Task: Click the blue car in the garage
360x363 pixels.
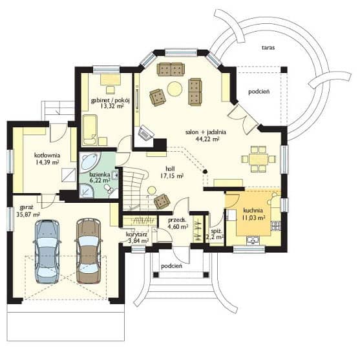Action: (x=47, y=251)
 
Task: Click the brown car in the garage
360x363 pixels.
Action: (x=89, y=251)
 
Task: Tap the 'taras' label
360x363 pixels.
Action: (x=268, y=48)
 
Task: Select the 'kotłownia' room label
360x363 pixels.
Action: (x=47, y=155)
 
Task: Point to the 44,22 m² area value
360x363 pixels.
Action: (x=207, y=139)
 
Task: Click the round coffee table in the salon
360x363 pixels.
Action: (x=175, y=89)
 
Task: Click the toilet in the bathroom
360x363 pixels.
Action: (x=109, y=189)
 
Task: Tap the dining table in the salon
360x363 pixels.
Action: (x=259, y=159)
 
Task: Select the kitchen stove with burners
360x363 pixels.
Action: (x=275, y=225)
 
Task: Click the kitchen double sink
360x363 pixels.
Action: (x=253, y=240)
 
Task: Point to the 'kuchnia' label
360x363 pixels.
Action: (x=253, y=211)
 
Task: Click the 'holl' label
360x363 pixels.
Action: (x=170, y=169)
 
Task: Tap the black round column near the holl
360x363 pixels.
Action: (x=205, y=172)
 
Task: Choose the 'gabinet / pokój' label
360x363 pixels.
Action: (x=111, y=100)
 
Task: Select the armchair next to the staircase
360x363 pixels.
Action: (x=162, y=202)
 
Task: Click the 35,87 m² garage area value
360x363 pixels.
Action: (x=28, y=214)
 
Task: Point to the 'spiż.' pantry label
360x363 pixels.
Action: (x=217, y=231)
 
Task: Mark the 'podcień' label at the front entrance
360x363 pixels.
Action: (x=171, y=266)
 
